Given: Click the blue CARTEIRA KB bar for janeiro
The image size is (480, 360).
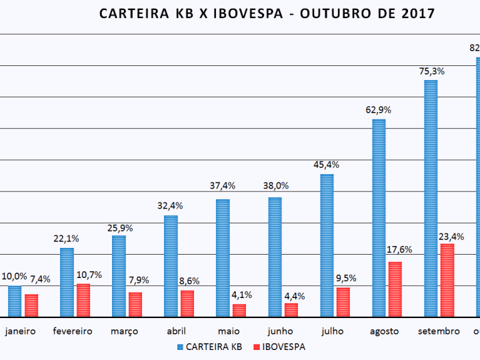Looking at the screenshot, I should click(x=15, y=301).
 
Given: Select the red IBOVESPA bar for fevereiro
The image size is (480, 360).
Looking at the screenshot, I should click(x=83, y=300).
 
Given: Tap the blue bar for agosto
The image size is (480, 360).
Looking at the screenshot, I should click(x=379, y=218).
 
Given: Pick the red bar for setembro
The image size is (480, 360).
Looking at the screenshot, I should click(x=447, y=280).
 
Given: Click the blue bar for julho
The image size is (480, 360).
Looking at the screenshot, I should click(x=327, y=245).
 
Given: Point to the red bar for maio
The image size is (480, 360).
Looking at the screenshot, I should click(x=239, y=310).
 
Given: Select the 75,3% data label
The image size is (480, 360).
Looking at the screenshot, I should click(x=431, y=71).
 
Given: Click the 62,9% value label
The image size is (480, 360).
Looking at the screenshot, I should click(x=379, y=110).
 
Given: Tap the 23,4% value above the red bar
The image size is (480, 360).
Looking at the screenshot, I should click(x=451, y=236).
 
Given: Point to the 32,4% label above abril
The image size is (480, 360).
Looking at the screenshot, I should click(x=171, y=207).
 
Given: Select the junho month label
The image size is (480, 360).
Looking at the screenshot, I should click(x=280, y=331).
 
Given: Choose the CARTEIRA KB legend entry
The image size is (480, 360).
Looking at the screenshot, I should click(x=213, y=347).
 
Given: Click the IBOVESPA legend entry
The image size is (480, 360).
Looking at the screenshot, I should click(x=282, y=347).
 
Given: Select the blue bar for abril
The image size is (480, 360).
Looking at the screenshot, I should click(x=171, y=266).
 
